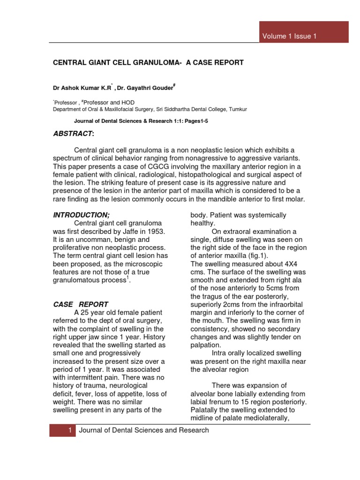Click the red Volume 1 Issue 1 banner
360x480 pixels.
point(304,36)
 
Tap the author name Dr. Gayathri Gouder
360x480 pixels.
point(141,88)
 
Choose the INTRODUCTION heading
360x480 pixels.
point(82,215)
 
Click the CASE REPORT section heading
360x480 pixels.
point(81,304)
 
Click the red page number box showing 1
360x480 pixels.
point(62,430)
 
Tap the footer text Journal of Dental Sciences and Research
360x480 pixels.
point(144,430)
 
